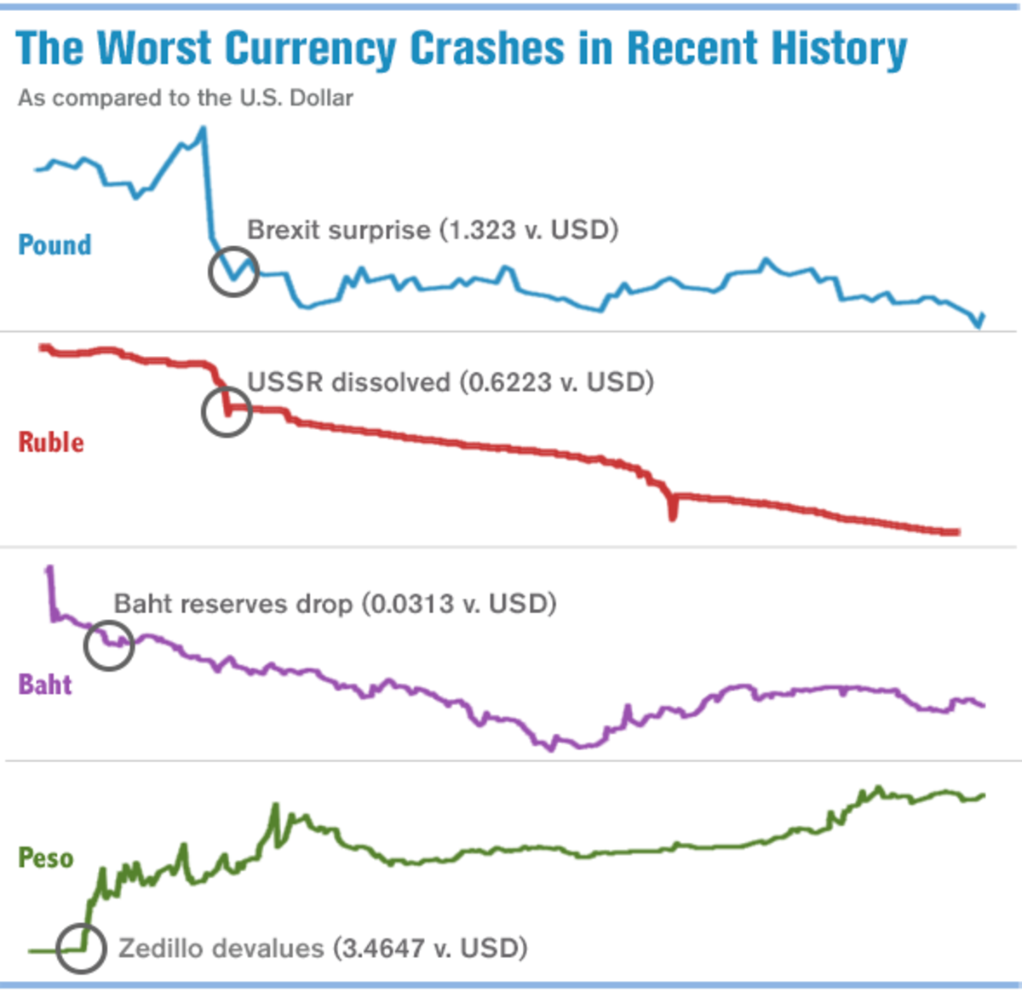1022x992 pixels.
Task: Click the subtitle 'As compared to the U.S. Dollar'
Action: [x=185, y=98]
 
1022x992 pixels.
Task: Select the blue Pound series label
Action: [x=55, y=245]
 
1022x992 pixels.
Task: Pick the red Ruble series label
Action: [x=51, y=442]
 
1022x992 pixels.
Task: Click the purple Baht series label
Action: [x=45, y=685]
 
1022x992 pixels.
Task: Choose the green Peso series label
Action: [x=46, y=857]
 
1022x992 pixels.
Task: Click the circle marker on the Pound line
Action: [x=233, y=272]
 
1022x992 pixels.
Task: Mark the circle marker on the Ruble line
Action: [x=227, y=411]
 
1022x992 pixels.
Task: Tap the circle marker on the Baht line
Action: [x=109, y=645]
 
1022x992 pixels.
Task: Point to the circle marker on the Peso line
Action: [x=82, y=948]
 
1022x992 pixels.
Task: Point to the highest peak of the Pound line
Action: [x=203, y=129]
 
